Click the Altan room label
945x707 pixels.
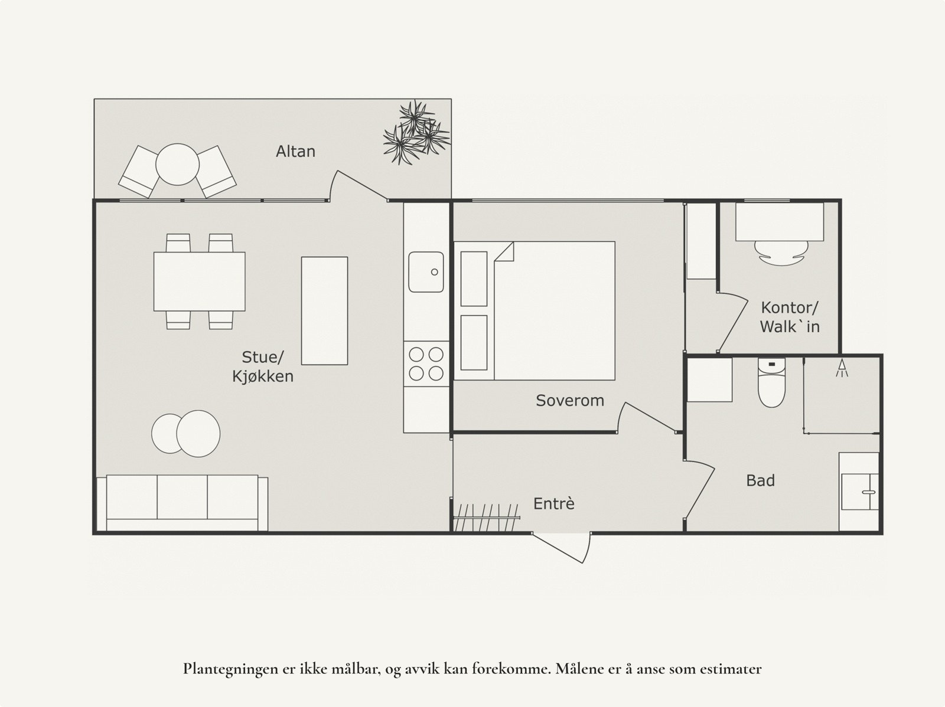[x=295, y=152]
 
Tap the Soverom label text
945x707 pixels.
[x=570, y=400]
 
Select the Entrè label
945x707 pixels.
[x=553, y=503]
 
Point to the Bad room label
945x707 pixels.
[x=760, y=480]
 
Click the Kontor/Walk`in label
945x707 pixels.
[x=790, y=317]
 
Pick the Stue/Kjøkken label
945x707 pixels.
[x=263, y=366]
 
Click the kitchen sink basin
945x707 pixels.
[x=426, y=272]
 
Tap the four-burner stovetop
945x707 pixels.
[x=426, y=364]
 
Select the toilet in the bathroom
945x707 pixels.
[x=771, y=382]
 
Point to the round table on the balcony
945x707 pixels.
[x=177, y=164]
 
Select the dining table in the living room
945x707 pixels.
[x=199, y=282]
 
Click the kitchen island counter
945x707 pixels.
[x=324, y=311]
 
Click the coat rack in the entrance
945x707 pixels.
[x=487, y=518]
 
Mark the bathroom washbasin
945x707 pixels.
[x=859, y=492]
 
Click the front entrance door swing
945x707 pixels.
[x=561, y=548]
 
